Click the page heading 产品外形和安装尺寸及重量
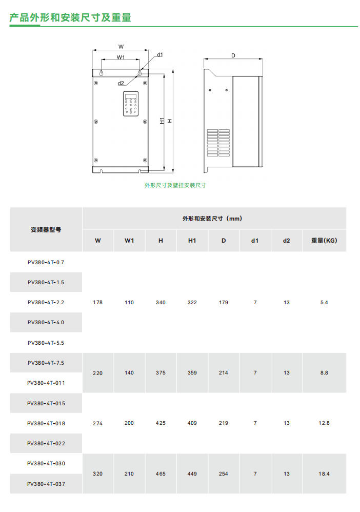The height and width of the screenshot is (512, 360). (70, 17)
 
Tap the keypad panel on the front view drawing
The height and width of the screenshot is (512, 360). (131, 104)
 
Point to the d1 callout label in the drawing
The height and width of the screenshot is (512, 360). (160, 54)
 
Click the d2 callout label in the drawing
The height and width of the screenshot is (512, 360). (121, 83)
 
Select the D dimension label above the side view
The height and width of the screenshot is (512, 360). (233, 55)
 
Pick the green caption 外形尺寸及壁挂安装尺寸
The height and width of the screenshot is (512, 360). (175, 185)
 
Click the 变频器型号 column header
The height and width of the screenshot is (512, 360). (46, 229)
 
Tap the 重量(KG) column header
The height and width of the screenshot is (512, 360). (324, 240)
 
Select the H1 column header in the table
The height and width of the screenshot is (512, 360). (192, 240)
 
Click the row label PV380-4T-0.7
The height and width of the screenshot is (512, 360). (46, 262)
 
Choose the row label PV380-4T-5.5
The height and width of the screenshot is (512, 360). (46, 343)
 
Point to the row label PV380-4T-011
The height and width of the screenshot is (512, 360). (46, 383)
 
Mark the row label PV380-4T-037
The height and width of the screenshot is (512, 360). (46, 483)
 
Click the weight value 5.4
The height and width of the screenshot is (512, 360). (324, 303)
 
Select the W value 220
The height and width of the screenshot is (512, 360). (97, 373)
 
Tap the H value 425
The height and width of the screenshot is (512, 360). (161, 423)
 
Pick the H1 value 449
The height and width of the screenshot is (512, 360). (192, 474)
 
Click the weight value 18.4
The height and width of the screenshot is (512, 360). (324, 474)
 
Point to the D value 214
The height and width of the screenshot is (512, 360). (224, 373)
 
